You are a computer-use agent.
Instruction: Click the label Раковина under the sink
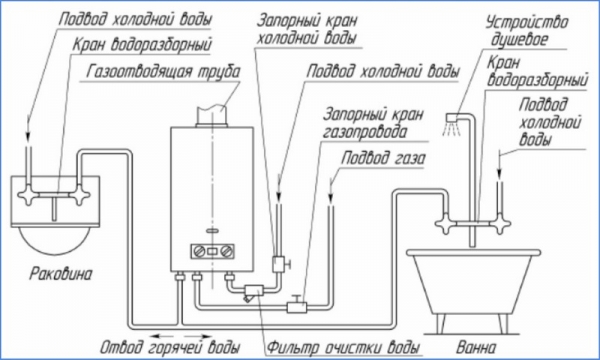(61, 274)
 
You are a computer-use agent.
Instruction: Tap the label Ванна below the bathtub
(476, 347)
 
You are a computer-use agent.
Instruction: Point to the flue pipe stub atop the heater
(212, 115)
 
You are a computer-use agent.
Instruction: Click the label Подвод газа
(383, 158)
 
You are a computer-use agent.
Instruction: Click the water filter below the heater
(253, 292)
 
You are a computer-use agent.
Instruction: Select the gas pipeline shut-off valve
(297, 305)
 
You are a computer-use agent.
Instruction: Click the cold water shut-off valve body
(279, 264)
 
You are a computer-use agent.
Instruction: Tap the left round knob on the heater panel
(200, 251)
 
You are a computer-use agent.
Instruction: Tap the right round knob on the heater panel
(226, 251)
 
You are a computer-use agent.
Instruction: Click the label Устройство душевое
(527, 31)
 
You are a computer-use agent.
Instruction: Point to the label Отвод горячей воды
(170, 347)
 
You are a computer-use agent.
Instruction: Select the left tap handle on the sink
(27, 195)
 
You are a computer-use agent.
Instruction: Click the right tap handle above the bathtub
(501, 223)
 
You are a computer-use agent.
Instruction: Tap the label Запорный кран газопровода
(373, 123)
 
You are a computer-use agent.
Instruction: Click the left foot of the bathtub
(440, 324)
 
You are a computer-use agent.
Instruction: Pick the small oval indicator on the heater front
(212, 231)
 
